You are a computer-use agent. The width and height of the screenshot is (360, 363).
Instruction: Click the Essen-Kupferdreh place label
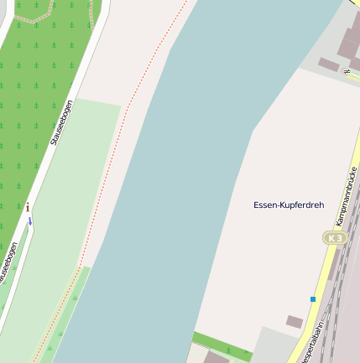coord(289,205)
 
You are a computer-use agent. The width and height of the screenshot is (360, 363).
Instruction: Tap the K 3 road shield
coord(335,238)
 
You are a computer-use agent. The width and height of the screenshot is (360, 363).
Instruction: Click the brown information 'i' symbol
coord(28,207)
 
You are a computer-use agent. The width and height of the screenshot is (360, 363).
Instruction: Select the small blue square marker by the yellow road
coord(313,299)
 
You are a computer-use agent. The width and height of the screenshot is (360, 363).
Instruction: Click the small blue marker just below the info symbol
coord(30,220)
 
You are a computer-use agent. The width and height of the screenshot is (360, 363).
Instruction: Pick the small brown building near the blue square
coord(295,321)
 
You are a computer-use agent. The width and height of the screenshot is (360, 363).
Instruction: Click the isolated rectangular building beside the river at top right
coord(328,64)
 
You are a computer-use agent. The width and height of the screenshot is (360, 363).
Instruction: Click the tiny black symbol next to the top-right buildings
coord(346,71)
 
